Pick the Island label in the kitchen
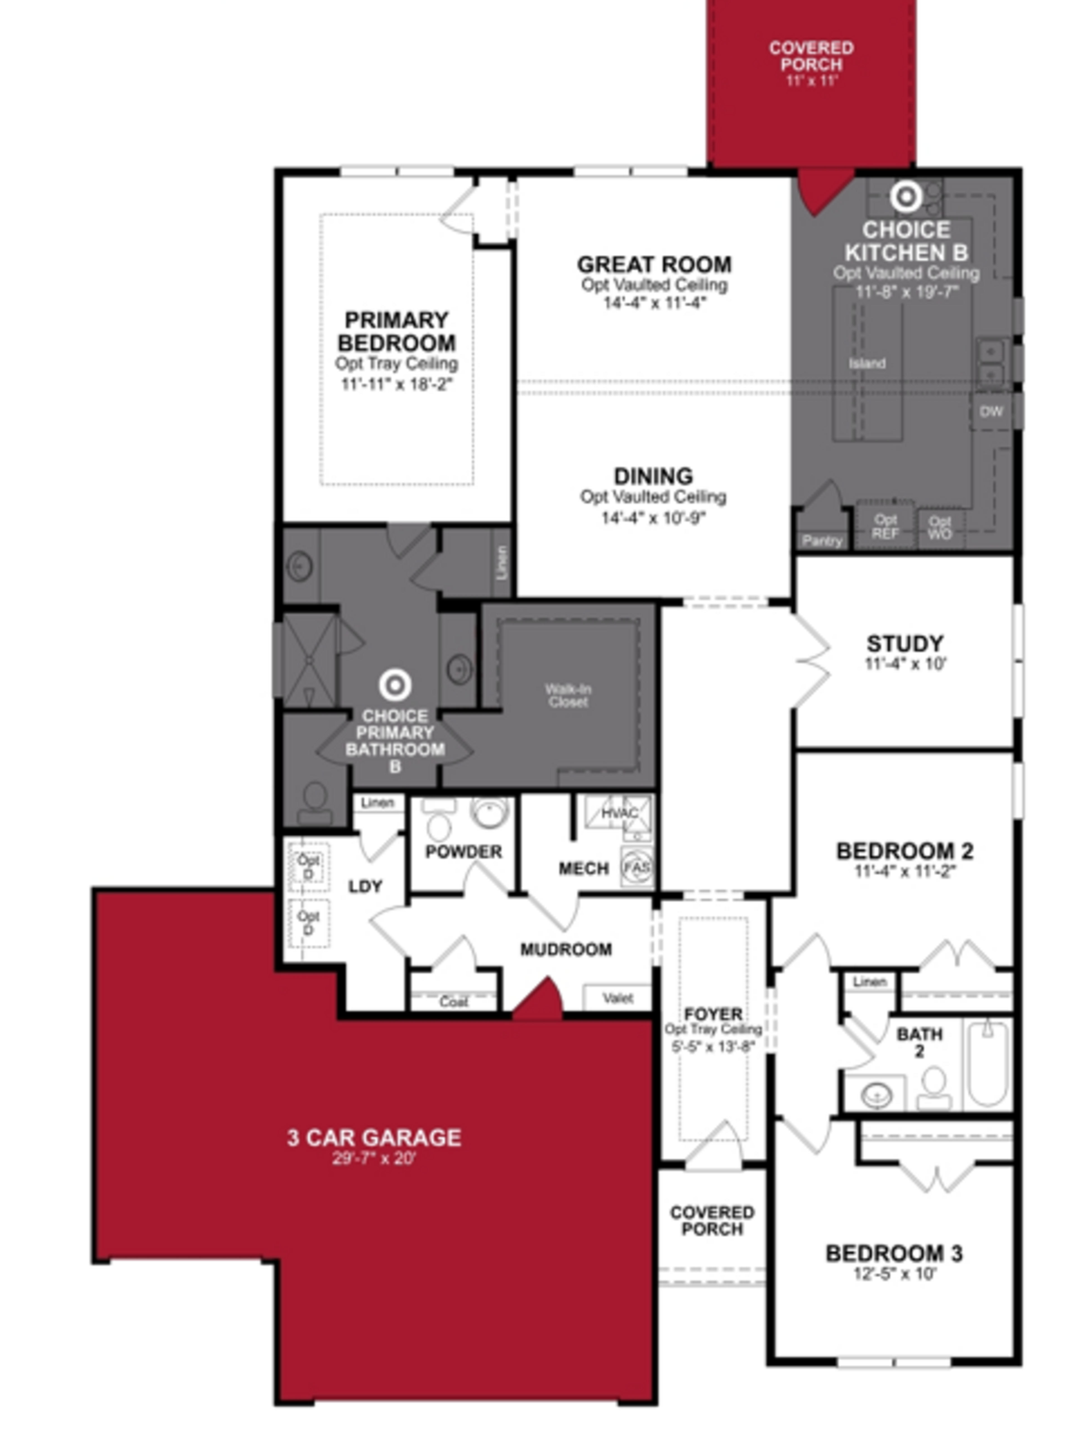867,363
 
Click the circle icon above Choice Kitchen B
906,196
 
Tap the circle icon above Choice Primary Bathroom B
395,685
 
